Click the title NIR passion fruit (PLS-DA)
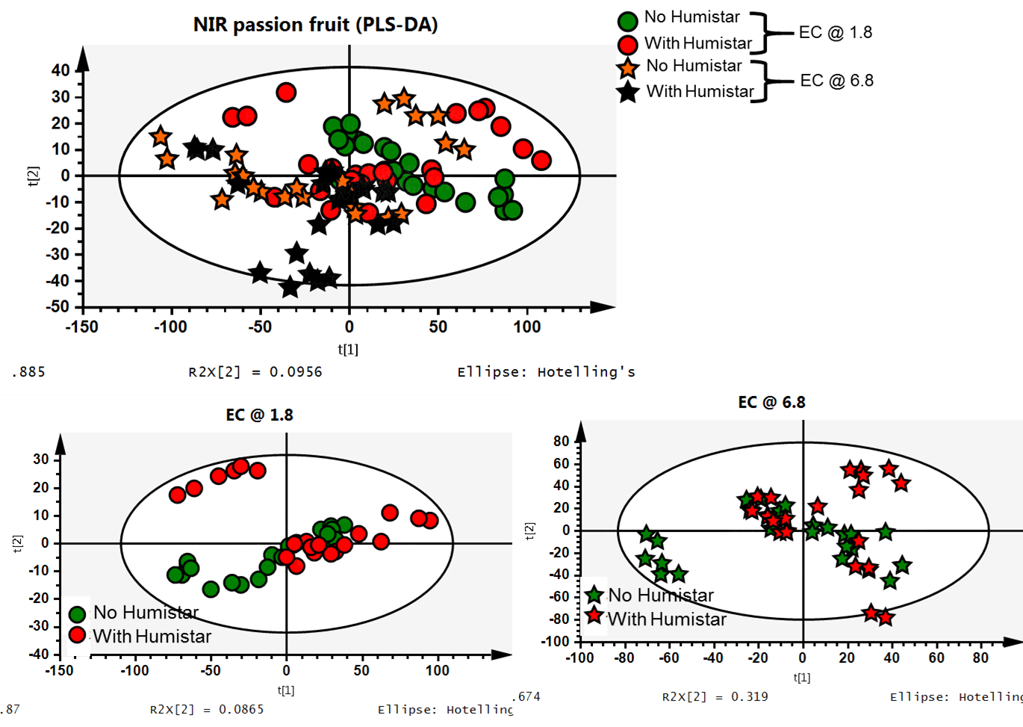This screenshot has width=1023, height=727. (315, 25)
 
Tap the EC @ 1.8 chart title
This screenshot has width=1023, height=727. (259, 415)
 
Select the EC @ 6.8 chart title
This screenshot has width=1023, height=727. (771, 403)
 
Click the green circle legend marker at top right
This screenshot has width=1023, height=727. (628, 22)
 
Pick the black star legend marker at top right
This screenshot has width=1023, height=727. (628, 93)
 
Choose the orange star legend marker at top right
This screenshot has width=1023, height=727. (628, 69)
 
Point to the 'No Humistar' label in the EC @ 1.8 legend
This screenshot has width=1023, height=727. (146, 613)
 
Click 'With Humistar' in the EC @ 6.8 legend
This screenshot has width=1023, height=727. (666, 619)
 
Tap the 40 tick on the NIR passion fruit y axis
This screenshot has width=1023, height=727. (60, 70)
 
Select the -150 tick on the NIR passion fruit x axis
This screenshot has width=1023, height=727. (81, 327)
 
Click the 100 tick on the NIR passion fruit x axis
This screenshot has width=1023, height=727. (527, 327)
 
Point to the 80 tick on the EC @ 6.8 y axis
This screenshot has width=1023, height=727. (562, 441)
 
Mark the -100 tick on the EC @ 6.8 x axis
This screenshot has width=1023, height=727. (579, 658)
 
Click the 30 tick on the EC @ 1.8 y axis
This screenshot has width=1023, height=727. (41, 460)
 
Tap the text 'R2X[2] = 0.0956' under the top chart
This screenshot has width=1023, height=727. (255, 372)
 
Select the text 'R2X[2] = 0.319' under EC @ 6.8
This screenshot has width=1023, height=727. (715, 697)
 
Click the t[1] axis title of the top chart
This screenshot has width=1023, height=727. (348, 349)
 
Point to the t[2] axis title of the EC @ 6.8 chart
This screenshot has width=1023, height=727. (529, 530)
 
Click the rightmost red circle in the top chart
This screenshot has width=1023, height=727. (541, 161)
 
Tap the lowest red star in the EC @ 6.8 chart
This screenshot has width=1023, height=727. (886, 618)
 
